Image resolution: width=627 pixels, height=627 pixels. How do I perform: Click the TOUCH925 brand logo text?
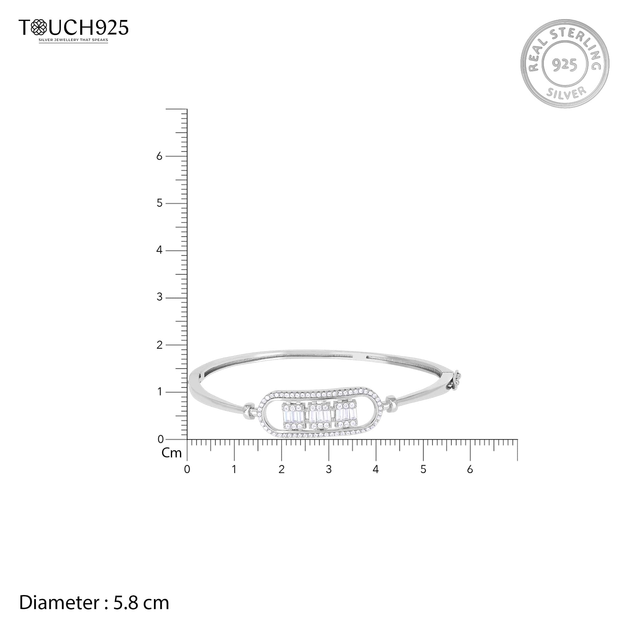click(x=74, y=27)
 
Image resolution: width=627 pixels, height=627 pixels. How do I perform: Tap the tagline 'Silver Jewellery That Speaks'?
click(x=73, y=40)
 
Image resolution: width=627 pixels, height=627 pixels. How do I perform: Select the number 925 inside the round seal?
click(x=565, y=65)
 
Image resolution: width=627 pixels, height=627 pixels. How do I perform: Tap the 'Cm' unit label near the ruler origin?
click(x=171, y=453)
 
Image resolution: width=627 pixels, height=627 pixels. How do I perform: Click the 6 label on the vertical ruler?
click(x=159, y=156)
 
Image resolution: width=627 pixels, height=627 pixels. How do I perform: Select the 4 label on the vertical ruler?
click(x=159, y=250)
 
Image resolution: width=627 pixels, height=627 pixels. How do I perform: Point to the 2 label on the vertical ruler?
click(x=159, y=345)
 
